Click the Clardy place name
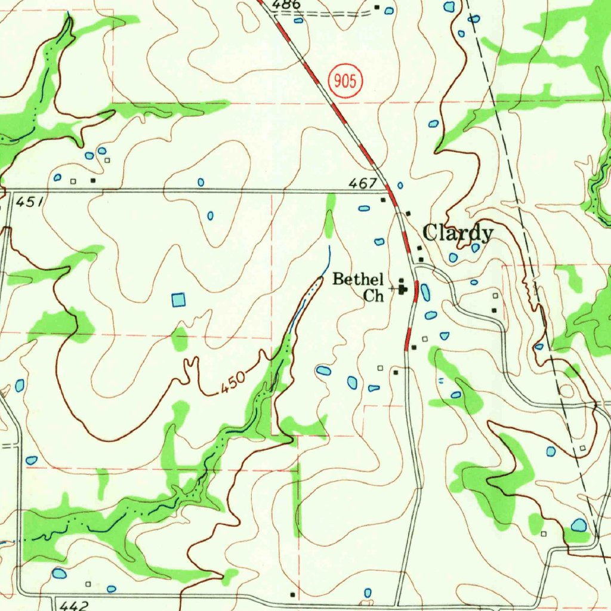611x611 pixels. (458, 233)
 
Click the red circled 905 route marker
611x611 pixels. (346, 80)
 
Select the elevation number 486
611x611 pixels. (286, 5)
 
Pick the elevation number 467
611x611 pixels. (364, 183)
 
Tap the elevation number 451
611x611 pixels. (29, 203)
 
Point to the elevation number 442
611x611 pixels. (75, 605)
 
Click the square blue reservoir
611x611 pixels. (178, 300)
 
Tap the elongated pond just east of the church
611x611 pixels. (424, 292)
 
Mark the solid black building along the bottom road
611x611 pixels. (292, 594)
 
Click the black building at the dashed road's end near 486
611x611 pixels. (377, 8)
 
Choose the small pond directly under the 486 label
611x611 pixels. (298, 20)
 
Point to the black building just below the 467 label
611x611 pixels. (384, 200)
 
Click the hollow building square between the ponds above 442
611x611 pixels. (88, 584)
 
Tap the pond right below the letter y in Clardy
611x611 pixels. (476, 248)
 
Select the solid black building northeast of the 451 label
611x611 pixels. (92, 180)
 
